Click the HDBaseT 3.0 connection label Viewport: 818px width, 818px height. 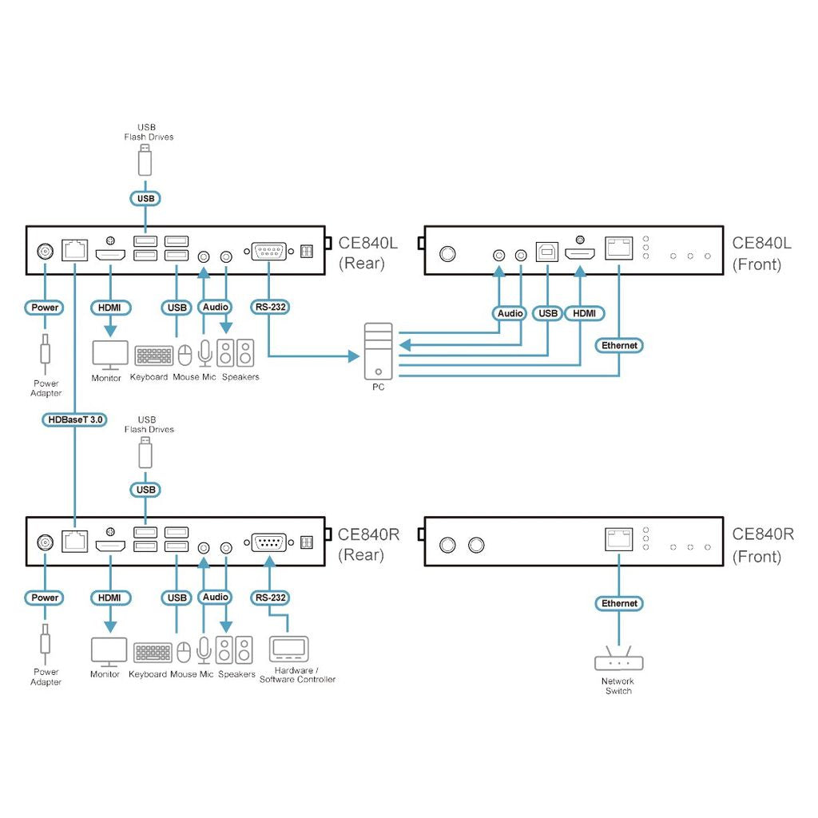74,419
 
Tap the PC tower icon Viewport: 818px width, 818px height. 378,351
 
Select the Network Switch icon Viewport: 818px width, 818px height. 619,658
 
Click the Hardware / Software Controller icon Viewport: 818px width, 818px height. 289,649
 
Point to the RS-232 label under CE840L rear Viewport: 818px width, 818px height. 270,308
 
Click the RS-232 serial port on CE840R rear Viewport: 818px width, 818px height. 268,542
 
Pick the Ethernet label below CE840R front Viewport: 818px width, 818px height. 619,604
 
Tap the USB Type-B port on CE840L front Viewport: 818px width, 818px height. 546,252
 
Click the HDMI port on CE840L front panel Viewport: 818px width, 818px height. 580,254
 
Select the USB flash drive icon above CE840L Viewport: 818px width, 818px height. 145,160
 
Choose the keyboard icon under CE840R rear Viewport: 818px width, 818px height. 153,653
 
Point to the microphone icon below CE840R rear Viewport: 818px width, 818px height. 204,650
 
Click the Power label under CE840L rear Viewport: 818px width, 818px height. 45,308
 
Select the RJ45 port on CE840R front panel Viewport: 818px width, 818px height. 619,539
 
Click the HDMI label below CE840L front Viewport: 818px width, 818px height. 584,313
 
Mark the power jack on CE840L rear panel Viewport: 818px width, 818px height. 46,252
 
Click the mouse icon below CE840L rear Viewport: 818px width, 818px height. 185,355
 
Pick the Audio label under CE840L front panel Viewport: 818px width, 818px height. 510,313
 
